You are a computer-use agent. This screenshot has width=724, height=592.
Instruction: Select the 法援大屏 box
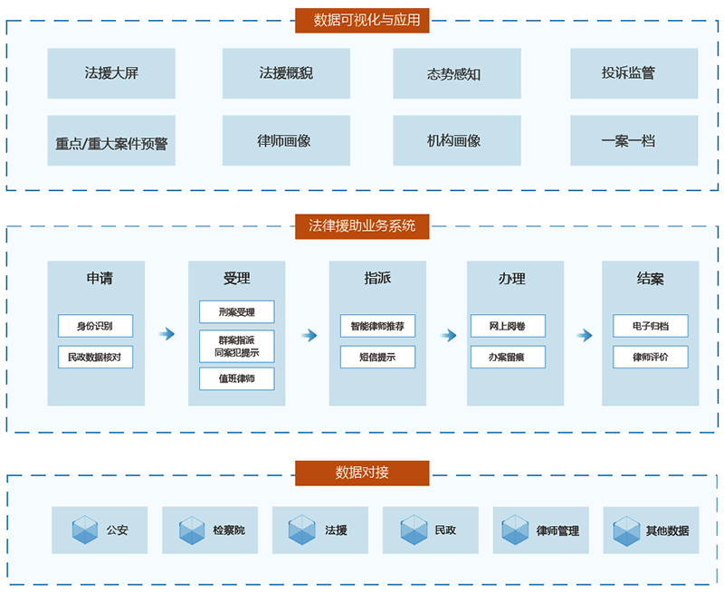pos(111,73)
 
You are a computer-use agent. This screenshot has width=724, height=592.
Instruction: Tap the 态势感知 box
pos(456,73)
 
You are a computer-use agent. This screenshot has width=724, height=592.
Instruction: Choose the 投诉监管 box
pos(633,73)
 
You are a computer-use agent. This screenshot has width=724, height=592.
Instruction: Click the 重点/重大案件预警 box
pos(111,141)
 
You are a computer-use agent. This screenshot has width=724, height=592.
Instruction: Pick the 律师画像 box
pos(286,141)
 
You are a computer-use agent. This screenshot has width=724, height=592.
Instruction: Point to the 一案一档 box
pos(633,141)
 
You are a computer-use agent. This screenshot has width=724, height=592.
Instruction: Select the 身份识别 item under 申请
pos(95,326)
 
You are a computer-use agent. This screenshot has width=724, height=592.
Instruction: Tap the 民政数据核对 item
pos(95,357)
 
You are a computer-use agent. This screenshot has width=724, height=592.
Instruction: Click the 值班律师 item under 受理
pos(236,378)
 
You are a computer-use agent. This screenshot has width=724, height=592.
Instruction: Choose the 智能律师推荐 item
pos(377,326)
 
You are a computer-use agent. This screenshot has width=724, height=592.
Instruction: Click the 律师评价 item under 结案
pos(650,357)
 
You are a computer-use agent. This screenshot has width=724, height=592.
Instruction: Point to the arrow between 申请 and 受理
pos(166,335)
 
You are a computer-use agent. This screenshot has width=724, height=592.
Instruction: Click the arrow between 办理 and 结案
pos(584,335)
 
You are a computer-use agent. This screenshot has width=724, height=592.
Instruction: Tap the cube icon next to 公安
pos(85,530)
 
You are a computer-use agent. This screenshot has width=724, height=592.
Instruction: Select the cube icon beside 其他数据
pos(626,530)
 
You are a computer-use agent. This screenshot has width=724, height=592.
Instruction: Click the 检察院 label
pos(228,530)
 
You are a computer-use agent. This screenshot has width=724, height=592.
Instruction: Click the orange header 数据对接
pos(362,473)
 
